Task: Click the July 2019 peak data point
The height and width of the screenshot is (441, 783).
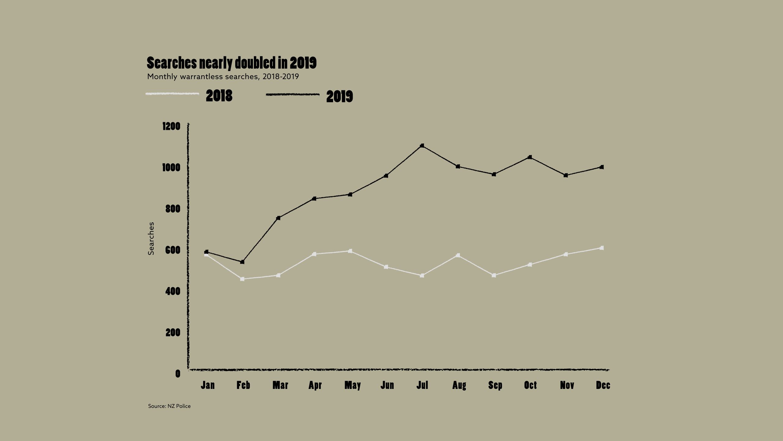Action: coord(422,145)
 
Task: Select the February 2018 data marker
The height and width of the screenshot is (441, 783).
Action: coord(242,279)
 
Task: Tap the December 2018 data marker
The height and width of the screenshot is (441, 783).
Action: coord(602,248)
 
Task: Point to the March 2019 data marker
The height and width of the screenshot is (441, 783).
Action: coord(278,218)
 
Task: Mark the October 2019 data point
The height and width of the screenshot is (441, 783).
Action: coord(530,157)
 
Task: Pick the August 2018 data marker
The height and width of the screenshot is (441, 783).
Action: coord(458,255)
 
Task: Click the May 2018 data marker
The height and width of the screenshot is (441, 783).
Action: coord(350,251)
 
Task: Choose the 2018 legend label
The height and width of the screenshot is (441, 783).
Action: coord(219,96)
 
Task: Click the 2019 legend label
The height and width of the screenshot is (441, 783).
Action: coord(340,96)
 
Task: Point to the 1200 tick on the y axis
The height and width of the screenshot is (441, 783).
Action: coord(171,126)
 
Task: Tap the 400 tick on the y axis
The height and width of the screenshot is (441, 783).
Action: coord(173,291)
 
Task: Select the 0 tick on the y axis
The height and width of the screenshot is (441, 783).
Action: coord(178,374)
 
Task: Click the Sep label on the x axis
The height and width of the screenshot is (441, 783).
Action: coord(495,385)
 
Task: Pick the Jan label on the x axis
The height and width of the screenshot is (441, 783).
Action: coord(208,385)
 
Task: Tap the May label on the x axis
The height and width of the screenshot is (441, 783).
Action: coord(352,385)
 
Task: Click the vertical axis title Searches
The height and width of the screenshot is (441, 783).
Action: coord(151,239)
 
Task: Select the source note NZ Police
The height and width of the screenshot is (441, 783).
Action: coord(169,406)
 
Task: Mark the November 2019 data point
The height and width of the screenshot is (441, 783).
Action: coord(566,175)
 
